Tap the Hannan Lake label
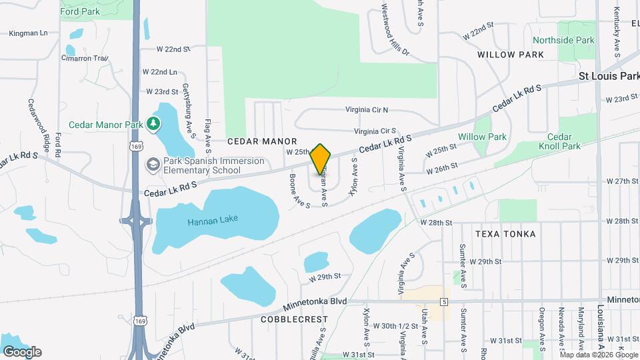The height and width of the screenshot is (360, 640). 213,219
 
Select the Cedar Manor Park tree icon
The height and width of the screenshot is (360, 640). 154,123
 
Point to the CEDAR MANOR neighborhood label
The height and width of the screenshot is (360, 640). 261,141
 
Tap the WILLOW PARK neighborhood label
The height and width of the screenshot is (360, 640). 511,54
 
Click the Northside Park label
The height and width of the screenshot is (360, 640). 563,41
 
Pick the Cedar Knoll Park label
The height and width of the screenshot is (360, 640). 555,141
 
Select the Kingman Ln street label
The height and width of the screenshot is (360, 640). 28,32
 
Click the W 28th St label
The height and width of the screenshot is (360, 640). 436,221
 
